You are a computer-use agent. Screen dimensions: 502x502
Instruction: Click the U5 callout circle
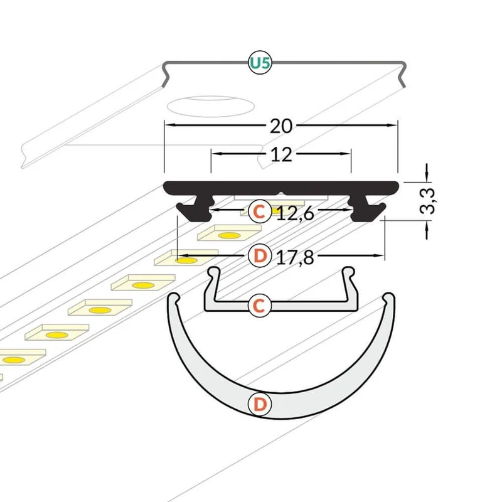pyautogui.click(x=260, y=63)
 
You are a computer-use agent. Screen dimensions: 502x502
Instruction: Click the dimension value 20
pyautogui.click(x=280, y=126)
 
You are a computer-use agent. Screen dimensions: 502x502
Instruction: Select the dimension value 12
pyautogui.click(x=281, y=154)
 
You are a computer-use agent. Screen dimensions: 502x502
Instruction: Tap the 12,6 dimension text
pyautogui.click(x=295, y=213)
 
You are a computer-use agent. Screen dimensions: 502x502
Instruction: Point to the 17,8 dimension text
pyautogui.click(x=295, y=257)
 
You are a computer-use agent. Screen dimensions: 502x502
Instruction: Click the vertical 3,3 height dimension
pyautogui.click(x=427, y=201)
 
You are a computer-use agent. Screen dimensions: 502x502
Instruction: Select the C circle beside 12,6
pyautogui.click(x=260, y=211)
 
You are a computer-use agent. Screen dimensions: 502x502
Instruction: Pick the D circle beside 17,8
pyautogui.click(x=260, y=256)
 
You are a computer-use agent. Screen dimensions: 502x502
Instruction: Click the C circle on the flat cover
pyautogui.click(x=260, y=306)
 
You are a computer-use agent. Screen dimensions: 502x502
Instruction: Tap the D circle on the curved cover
pyautogui.click(x=260, y=404)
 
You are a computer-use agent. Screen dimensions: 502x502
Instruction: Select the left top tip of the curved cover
pyautogui.click(x=174, y=297)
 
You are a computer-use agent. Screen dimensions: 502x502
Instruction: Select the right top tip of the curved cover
pyautogui.click(x=389, y=297)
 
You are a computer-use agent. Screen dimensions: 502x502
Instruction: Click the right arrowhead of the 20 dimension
pyautogui.click(x=392, y=125)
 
